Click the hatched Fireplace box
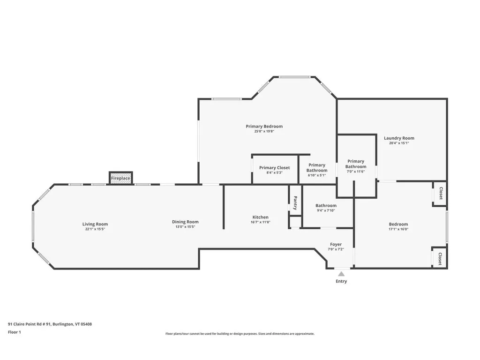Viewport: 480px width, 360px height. (121, 179)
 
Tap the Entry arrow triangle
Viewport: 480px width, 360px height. (341, 274)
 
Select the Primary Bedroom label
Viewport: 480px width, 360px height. (264, 126)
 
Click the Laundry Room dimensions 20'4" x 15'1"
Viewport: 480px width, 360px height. (399, 143)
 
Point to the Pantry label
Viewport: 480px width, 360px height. (295, 203)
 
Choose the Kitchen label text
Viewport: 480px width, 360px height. (261, 217)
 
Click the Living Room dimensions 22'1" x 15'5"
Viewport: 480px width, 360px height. (95, 229)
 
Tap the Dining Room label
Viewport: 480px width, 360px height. (185, 222)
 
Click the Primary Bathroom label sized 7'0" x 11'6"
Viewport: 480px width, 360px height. (356, 164)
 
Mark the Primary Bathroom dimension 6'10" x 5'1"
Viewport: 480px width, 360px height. (317, 175)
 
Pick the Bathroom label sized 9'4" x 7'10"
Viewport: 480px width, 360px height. (326, 205)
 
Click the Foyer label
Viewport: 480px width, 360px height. (336, 244)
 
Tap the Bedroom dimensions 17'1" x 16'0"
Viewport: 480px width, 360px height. (398, 229)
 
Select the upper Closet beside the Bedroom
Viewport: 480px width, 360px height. (440, 194)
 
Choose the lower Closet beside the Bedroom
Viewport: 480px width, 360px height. (440, 259)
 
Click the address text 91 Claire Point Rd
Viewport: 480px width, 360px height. (50, 324)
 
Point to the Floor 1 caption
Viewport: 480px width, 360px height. (15, 332)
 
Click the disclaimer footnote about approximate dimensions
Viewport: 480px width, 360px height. (240, 334)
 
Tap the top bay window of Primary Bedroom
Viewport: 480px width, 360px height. (294, 77)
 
